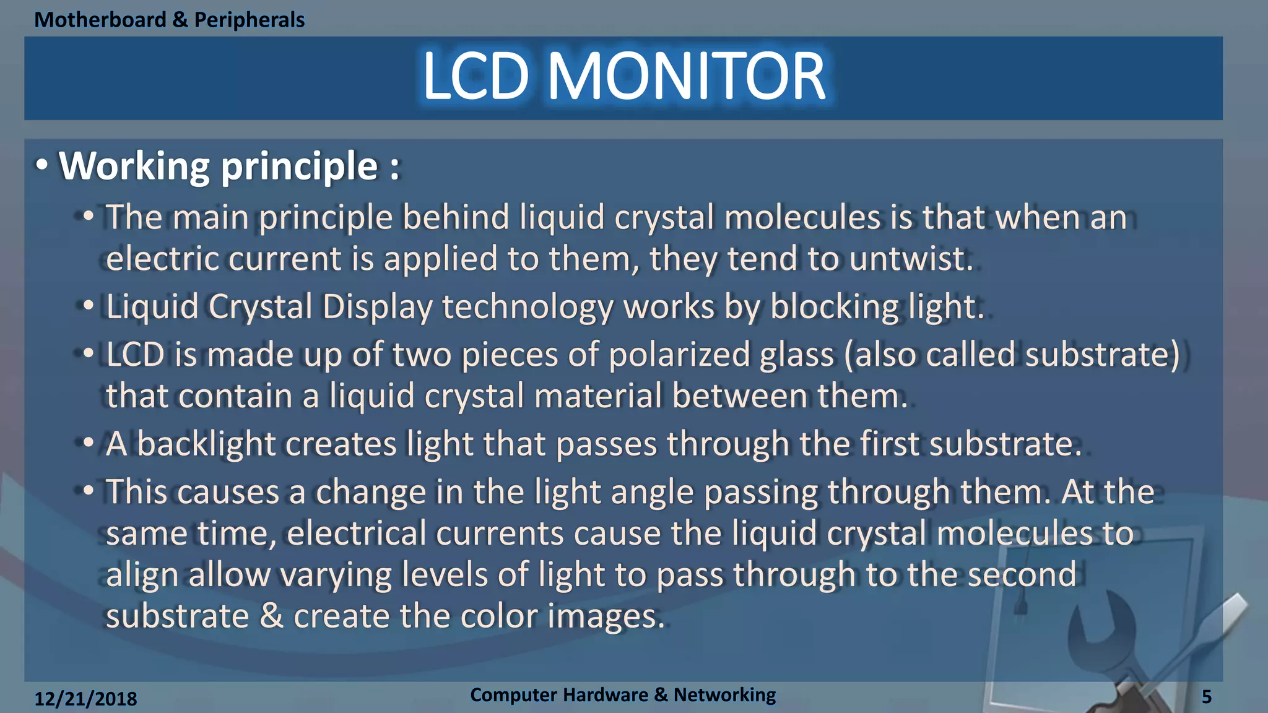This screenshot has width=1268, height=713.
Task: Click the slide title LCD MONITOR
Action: click(623, 77)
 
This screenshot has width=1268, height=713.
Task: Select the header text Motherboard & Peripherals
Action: click(169, 20)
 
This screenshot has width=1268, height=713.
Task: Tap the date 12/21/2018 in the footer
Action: click(85, 699)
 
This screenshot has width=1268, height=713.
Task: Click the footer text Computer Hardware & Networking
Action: click(623, 695)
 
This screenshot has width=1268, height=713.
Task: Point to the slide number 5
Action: click(1207, 697)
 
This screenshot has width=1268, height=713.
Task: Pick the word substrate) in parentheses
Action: click(1103, 355)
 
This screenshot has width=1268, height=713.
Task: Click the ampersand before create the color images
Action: click(271, 616)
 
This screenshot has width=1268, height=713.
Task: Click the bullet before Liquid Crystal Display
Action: click(89, 306)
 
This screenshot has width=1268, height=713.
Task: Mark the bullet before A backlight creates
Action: click(89, 443)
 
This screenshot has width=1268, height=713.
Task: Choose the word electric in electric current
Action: click(162, 259)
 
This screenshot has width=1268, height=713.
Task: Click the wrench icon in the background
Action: click(1108, 637)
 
